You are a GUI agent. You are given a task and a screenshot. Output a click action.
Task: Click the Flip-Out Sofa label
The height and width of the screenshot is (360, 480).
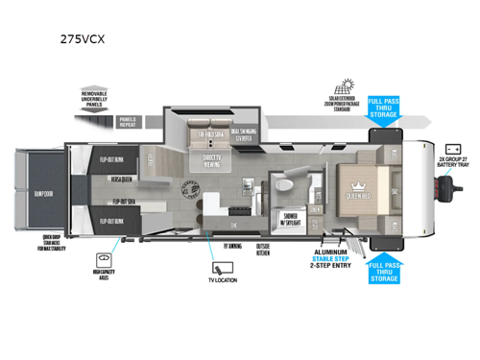pyautogui.click(x=122, y=202)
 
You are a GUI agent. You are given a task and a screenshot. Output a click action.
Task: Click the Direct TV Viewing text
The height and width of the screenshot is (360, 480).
pyautogui.click(x=214, y=158)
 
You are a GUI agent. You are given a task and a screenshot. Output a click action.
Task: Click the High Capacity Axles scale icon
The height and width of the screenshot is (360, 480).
pyautogui.click(x=102, y=260)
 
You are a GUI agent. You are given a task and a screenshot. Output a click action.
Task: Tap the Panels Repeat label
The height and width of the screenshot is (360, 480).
pyautogui.click(x=129, y=122)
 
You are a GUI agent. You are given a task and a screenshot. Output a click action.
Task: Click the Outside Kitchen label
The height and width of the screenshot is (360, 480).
pyautogui.click(x=265, y=252)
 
